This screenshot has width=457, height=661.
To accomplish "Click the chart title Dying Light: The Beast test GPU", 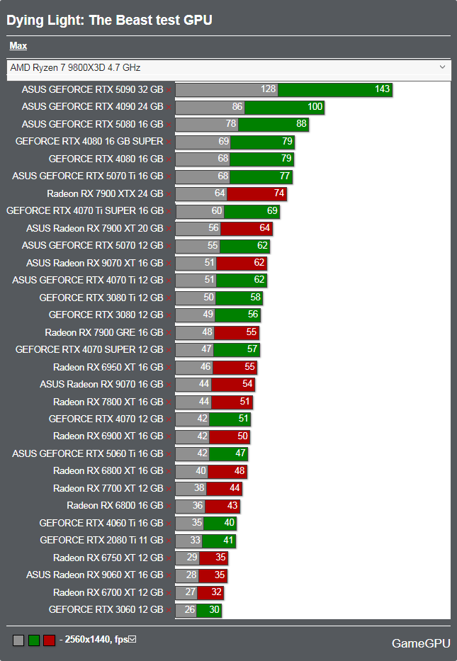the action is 109,21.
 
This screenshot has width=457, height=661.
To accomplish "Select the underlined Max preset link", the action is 18,45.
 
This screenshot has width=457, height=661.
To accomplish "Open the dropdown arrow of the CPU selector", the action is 442,67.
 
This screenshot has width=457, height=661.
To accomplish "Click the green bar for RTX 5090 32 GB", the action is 334,89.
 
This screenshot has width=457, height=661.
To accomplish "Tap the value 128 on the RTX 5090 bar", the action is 268,89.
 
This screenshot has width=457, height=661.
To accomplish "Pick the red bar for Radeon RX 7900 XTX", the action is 256,194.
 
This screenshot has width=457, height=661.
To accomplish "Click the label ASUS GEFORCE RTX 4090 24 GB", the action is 92,107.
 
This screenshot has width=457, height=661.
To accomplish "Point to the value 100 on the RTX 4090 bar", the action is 315,107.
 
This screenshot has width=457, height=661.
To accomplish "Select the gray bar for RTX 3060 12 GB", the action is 186,610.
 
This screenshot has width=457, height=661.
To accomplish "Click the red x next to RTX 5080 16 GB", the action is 169,125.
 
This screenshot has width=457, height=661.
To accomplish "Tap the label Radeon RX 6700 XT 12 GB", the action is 108,593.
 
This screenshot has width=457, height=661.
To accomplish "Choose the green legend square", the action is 34,640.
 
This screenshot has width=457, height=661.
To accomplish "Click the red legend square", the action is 50,640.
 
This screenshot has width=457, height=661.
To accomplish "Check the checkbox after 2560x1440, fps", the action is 132,640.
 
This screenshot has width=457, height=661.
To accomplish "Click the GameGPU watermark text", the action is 421,643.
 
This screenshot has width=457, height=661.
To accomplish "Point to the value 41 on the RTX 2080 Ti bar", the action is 228,540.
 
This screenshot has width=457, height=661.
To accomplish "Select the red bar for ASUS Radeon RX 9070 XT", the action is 242,264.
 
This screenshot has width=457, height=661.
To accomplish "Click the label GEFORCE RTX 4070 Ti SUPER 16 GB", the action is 85,211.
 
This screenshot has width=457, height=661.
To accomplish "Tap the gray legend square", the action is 18,640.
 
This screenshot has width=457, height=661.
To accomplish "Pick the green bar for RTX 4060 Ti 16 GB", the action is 220,523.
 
